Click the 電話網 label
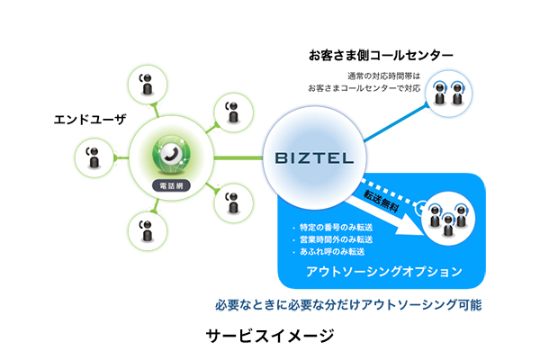coord(169,185)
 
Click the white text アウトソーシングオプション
coord(383,271)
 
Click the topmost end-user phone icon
coord(146,83)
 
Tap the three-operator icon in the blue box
coord(447,217)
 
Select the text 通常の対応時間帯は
coord(384,76)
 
